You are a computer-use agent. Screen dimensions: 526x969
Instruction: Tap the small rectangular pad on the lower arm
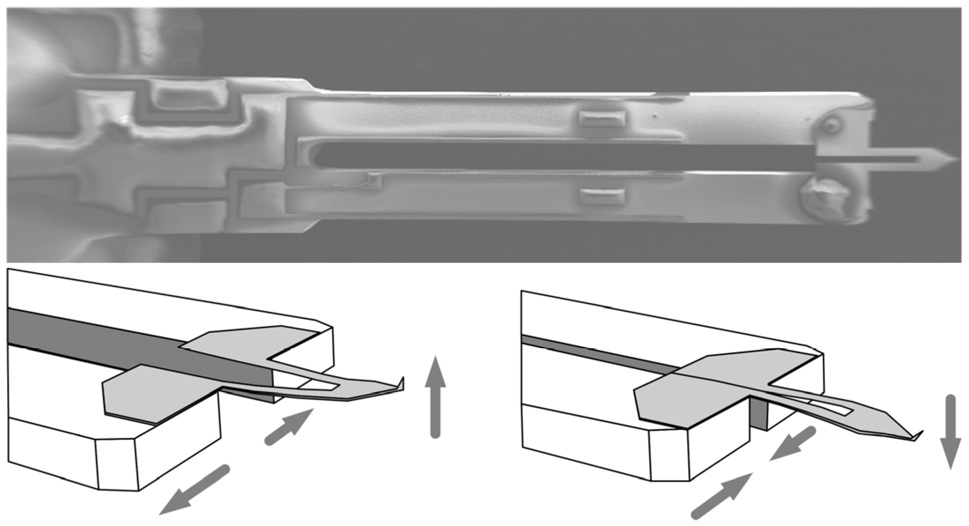pyautogui.click(x=602, y=196)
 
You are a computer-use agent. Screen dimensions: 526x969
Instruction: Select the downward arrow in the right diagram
pyautogui.click(x=950, y=432)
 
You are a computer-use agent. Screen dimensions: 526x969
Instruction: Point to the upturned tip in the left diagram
pyautogui.click(x=401, y=383)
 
